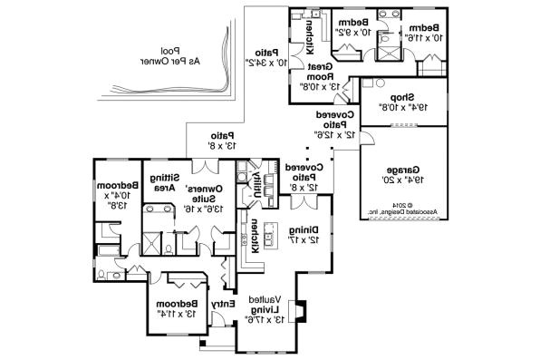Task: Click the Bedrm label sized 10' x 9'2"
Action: pos(350,25)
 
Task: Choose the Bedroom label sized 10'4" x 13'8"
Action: pos(121,195)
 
